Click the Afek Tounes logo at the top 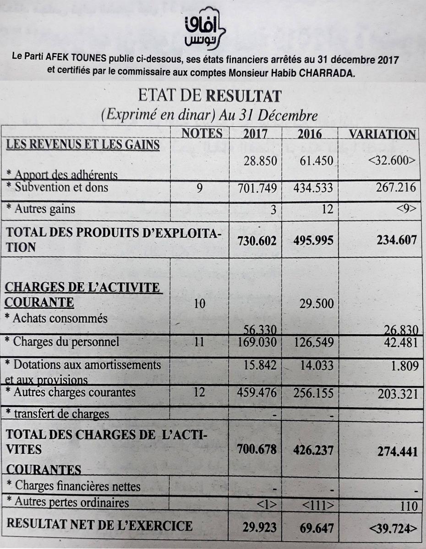(x=206, y=27)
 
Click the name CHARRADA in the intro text (x=327, y=73)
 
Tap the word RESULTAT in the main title (x=243, y=97)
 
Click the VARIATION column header (x=382, y=134)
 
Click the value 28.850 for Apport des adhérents (x=259, y=161)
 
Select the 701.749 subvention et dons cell (x=257, y=188)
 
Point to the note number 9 (x=199, y=188)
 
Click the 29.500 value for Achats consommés (x=316, y=304)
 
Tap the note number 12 (x=199, y=393)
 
